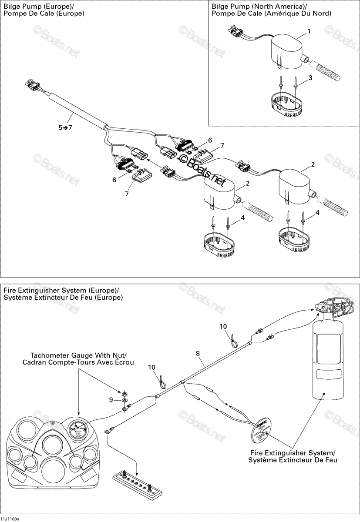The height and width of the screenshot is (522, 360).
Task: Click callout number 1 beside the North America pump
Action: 309,31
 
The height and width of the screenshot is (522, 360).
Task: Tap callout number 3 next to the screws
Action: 310,78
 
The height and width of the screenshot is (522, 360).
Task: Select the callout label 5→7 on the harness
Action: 65,127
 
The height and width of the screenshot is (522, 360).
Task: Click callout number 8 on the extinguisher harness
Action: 198,354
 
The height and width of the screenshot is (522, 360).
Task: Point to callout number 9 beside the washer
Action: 111,400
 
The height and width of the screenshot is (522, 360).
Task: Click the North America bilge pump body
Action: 287,52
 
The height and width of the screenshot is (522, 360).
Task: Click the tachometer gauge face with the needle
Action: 77,427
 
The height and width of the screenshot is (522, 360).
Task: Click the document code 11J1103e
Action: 10,519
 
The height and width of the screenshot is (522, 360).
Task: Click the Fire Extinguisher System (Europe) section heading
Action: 61,291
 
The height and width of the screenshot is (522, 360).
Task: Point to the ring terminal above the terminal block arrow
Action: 108,431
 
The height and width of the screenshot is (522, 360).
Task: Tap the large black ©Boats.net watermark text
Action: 202,168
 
